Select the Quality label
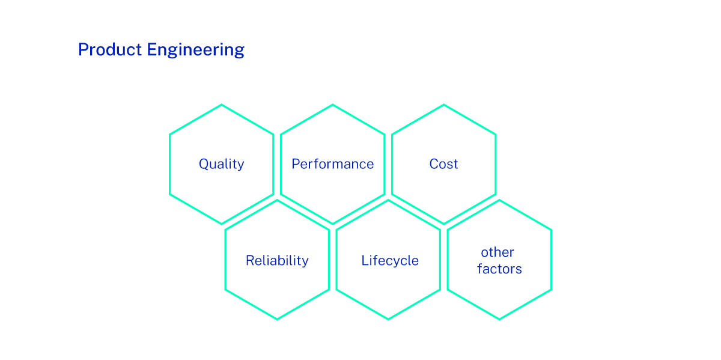221,164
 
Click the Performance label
332,164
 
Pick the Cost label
443,164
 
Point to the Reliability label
277,261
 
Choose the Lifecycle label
389,261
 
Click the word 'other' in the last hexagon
497,252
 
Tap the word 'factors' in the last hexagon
499,269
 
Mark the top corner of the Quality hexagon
222,105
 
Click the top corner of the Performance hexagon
332,105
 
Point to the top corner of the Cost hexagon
443,105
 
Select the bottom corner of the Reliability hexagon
277,319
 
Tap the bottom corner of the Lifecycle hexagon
388,319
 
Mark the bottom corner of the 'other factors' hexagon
499,319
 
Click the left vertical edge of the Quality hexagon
170,164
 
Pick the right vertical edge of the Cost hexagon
496,164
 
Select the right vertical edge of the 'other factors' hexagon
551,260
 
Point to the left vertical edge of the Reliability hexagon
225,260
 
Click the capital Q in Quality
204,164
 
